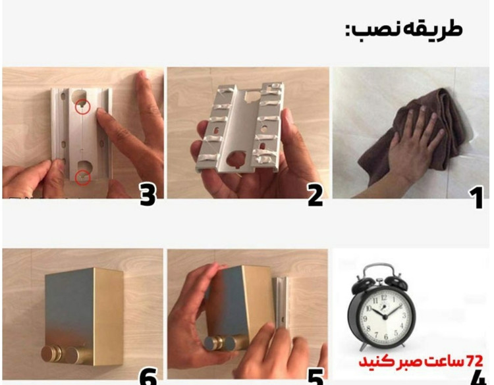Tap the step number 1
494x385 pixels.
(x=477, y=197)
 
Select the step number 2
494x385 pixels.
(x=316, y=196)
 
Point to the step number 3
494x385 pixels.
(x=148, y=195)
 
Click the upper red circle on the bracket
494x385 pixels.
(x=83, y=107)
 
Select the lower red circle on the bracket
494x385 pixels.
(x=83, y=178)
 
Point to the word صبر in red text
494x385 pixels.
(x=414, y=362)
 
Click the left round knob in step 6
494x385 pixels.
(x=50, y=355)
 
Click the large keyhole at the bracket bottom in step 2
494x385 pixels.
(x=236, y=159)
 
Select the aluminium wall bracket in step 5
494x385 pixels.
(x=281, y=302)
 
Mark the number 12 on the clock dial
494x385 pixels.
(x=384, y=297)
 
